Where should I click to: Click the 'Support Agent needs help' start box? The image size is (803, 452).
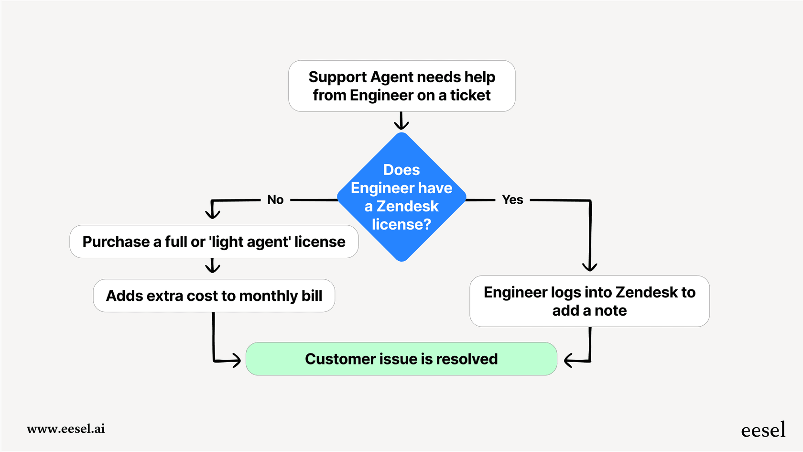(x=401, y=86)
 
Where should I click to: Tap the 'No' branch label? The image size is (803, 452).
(x=275, y=199)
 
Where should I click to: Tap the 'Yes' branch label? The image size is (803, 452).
(x=512, y=199)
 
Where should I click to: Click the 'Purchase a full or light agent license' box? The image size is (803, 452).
(x=214, y=242)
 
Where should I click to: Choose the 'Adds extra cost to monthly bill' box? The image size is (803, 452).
(x=214, y=296)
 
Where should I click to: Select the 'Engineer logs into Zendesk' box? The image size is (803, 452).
(x=589, y=301)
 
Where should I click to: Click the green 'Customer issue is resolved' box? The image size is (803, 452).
(x=401, y=359)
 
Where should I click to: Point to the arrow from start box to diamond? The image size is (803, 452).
(x=401, y=121)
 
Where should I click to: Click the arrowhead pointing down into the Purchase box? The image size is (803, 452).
(x=212, y=213)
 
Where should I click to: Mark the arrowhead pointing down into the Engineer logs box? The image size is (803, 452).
(x=590, y=266)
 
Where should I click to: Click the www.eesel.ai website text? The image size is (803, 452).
(x=66, y=429)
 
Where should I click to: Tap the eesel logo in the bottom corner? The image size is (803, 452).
(x=763, y=430)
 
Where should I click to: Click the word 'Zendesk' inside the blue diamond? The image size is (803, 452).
(x=407, y=206)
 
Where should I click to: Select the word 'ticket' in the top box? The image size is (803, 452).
(x=470, y=95)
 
